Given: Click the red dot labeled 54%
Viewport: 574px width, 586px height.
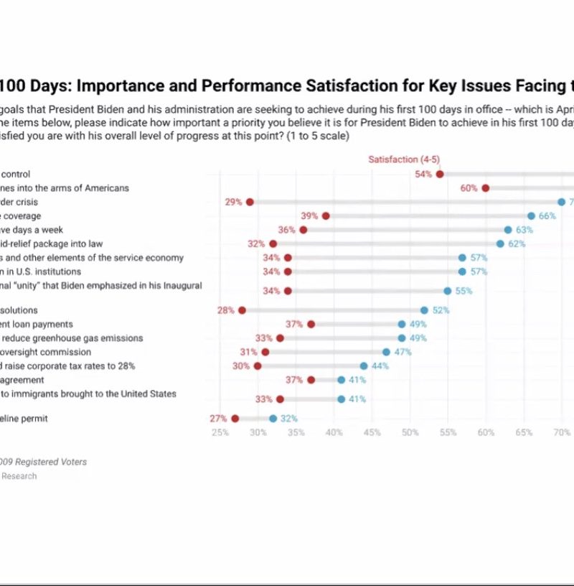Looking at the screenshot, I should coord(440,174).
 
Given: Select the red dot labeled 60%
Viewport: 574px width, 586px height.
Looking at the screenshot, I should coord(486,188).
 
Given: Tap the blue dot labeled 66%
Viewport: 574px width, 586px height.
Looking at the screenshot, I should coord(531,215).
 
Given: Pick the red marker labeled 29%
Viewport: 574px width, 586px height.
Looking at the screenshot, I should coord(250,202).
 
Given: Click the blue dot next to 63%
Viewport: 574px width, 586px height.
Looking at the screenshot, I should coord(508,230).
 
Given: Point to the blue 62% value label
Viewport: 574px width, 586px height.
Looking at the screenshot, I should coord(517,243).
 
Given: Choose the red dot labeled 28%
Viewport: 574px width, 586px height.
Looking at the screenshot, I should coord(242,310).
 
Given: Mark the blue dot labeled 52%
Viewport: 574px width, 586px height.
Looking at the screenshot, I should coord(424,310).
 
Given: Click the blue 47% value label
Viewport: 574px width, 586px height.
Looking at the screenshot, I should coord(403,352).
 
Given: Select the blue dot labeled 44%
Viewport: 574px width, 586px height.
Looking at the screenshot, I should coord(364,366).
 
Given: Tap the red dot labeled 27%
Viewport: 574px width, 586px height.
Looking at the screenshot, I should coord(235,418).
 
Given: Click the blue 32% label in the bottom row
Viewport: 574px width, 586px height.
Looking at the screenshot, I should coord(289,418).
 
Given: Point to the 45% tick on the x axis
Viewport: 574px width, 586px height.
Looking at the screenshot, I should coord(372,433).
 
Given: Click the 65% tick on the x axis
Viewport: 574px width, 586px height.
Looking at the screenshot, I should coord(524,433).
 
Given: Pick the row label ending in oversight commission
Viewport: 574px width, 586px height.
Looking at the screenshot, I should coord(45,352).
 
